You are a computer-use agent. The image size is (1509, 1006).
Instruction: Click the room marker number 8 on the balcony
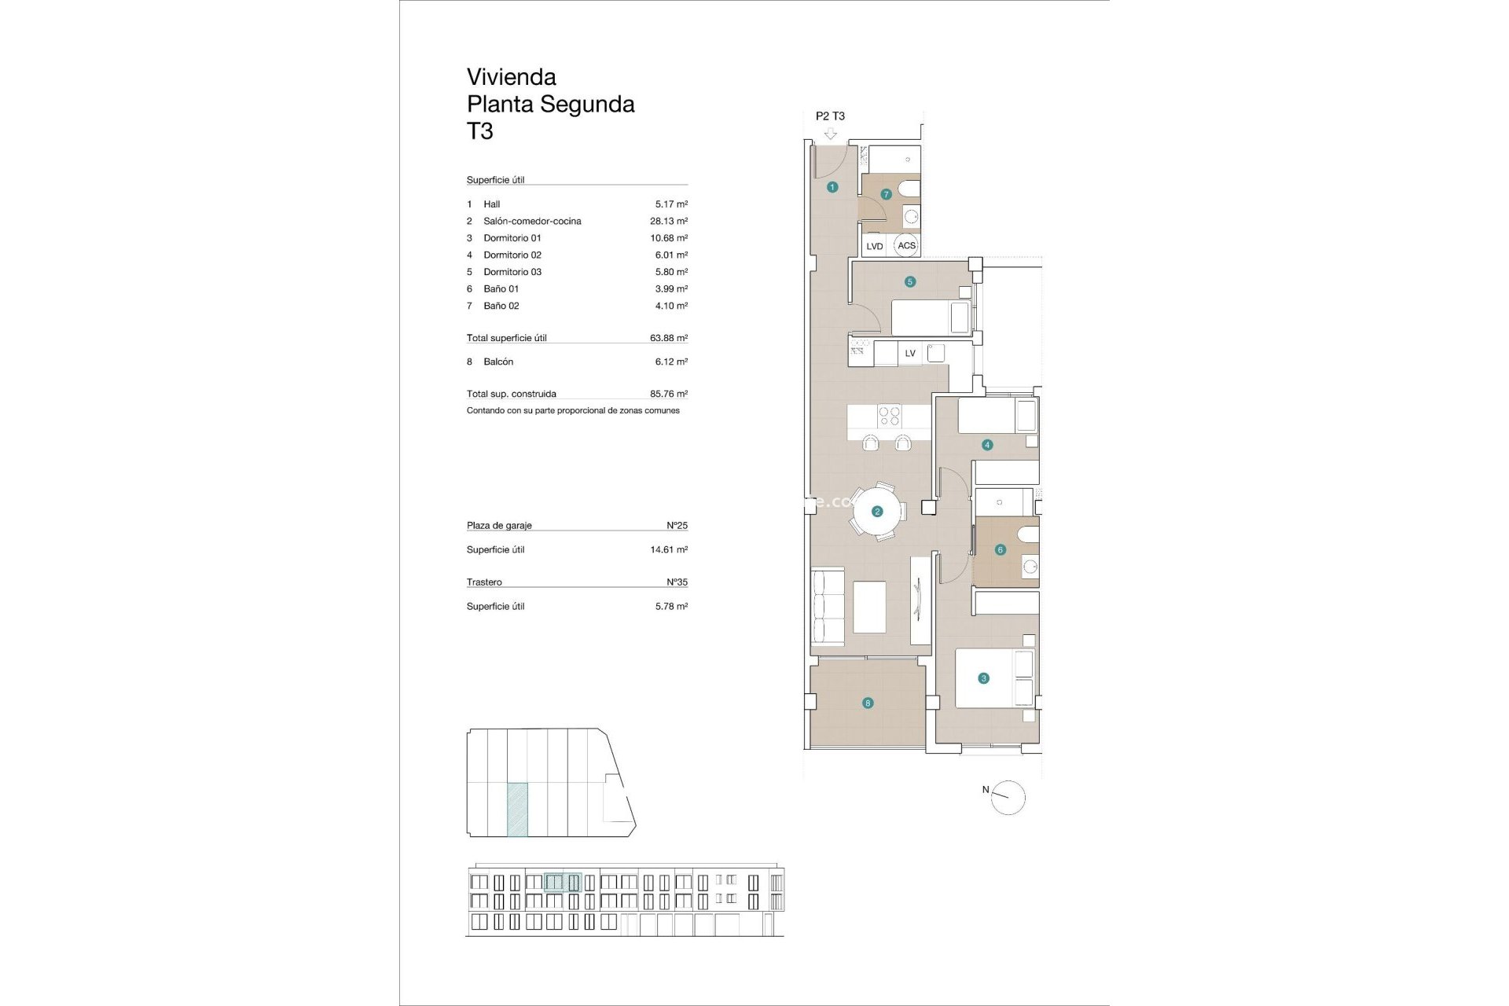coord(868,703)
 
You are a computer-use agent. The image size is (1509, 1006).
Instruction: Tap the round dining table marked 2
coord(877,512)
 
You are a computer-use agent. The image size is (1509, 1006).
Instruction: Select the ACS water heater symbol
coord(906,245)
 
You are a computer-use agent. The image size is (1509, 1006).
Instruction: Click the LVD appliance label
coord(874,246)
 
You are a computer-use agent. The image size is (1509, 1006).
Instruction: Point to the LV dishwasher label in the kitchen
coord(910,353)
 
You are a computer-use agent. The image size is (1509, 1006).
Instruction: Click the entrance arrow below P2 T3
coord(831,134)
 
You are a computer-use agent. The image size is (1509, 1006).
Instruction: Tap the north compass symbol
coord(1008,798)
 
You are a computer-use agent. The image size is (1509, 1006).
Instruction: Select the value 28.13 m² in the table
coord(668,221)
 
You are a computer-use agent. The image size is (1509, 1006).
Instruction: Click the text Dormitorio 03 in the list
coord(512,272)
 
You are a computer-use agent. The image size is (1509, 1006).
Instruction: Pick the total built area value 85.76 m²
coord(668,394)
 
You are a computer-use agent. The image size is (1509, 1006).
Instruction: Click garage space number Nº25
coord(677,525)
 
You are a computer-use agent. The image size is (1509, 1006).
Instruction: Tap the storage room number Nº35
coord(677,582)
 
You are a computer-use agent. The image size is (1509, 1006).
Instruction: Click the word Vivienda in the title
coord(511,77)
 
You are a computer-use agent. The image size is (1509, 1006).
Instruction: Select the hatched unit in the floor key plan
coord(517,809)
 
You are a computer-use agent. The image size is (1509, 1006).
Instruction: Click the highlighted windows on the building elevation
coord(563,883)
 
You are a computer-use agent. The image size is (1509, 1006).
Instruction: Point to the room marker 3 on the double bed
coord(982,678)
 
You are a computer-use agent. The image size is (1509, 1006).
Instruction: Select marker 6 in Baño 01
coord(1000,549)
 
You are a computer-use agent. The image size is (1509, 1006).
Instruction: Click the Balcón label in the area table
coord(498,362)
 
